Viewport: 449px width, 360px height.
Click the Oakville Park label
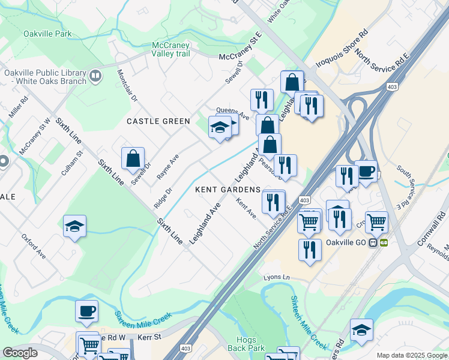47,34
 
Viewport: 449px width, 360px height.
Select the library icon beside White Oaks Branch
96,76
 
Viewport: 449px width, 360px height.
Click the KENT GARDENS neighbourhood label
228,190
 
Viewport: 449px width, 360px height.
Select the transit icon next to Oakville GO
378,243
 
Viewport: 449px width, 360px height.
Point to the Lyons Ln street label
276,278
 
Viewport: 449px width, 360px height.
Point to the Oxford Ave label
34,246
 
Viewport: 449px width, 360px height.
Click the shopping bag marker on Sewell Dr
133,158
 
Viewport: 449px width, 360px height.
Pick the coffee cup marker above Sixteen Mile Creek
86,311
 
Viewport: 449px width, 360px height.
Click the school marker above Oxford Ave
74,226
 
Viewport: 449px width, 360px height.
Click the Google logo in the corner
20,353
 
